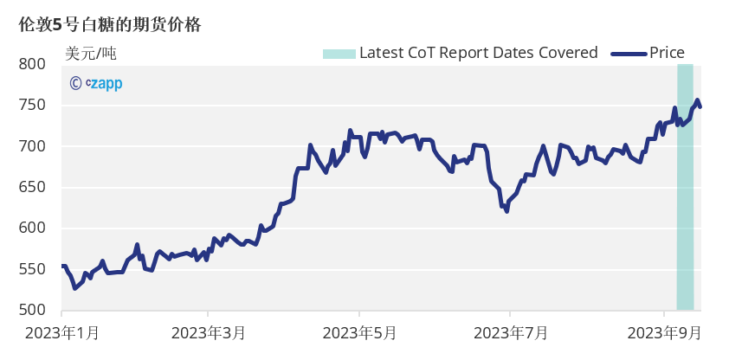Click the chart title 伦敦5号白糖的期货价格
[x=110, y=25]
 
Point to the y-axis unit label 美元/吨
[x=90, y=53]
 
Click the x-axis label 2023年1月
[x=62, y=332]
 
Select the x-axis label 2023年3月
[x=209, y=332]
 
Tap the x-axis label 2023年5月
[x=360, y=332]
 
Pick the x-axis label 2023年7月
[x=511, y=332]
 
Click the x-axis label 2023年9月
[x=663, y=332]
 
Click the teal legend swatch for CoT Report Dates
[x=339, y=54]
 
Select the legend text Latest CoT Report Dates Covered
[x=478, y=53]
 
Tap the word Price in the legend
[x=667, y=53]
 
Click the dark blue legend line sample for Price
[x=629, y=54]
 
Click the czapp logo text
[x=105, y=83]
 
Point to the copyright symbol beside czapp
[x=76, y=83]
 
